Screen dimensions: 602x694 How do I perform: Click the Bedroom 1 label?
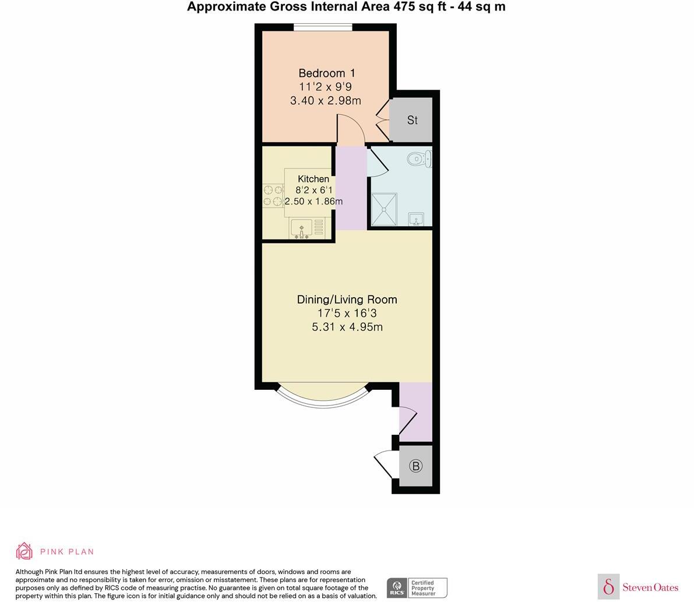tap(326, 73)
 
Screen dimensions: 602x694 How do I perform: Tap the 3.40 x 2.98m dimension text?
tap(325, 100)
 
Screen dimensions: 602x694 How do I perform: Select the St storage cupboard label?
tap(412, 120)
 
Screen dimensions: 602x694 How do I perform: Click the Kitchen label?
tap(313, 179)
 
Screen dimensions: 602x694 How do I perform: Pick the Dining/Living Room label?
tap(347, 300)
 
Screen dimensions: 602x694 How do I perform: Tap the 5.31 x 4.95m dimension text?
tap(347, 327)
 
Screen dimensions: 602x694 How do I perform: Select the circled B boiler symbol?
tap(415, 466)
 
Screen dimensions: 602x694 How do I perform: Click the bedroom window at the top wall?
tap(322, 27)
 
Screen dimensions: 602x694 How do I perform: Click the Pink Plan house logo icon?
tap(24, 551)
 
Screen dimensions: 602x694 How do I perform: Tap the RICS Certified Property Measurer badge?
tap(417, 587)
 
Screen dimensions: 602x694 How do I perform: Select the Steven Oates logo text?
tap(650, 587)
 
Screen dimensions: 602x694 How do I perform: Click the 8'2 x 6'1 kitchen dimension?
tap(313, 190)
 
